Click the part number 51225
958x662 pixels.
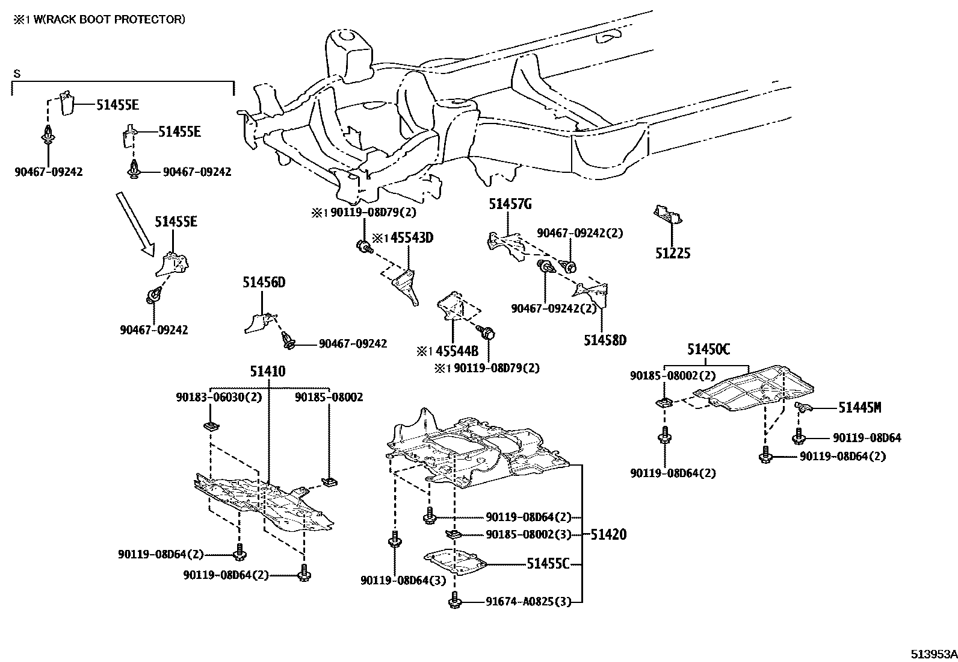pos(672,254)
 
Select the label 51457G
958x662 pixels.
pos(510,205)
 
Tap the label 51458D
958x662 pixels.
pos(604,340)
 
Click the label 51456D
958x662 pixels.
pos(264,283)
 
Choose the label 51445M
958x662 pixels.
pos(859,408)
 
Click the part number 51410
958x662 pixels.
pos(268,372)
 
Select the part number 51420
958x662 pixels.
pos(608,534)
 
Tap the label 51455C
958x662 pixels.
pos(548,564)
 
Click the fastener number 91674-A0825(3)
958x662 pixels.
pos(528,601)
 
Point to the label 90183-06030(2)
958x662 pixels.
pos(218,398)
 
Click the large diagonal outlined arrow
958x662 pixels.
pos(135,223)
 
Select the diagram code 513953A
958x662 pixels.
pos(933,654)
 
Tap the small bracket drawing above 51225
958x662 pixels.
pos(668,214)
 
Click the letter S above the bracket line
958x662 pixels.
pos(17,74)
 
